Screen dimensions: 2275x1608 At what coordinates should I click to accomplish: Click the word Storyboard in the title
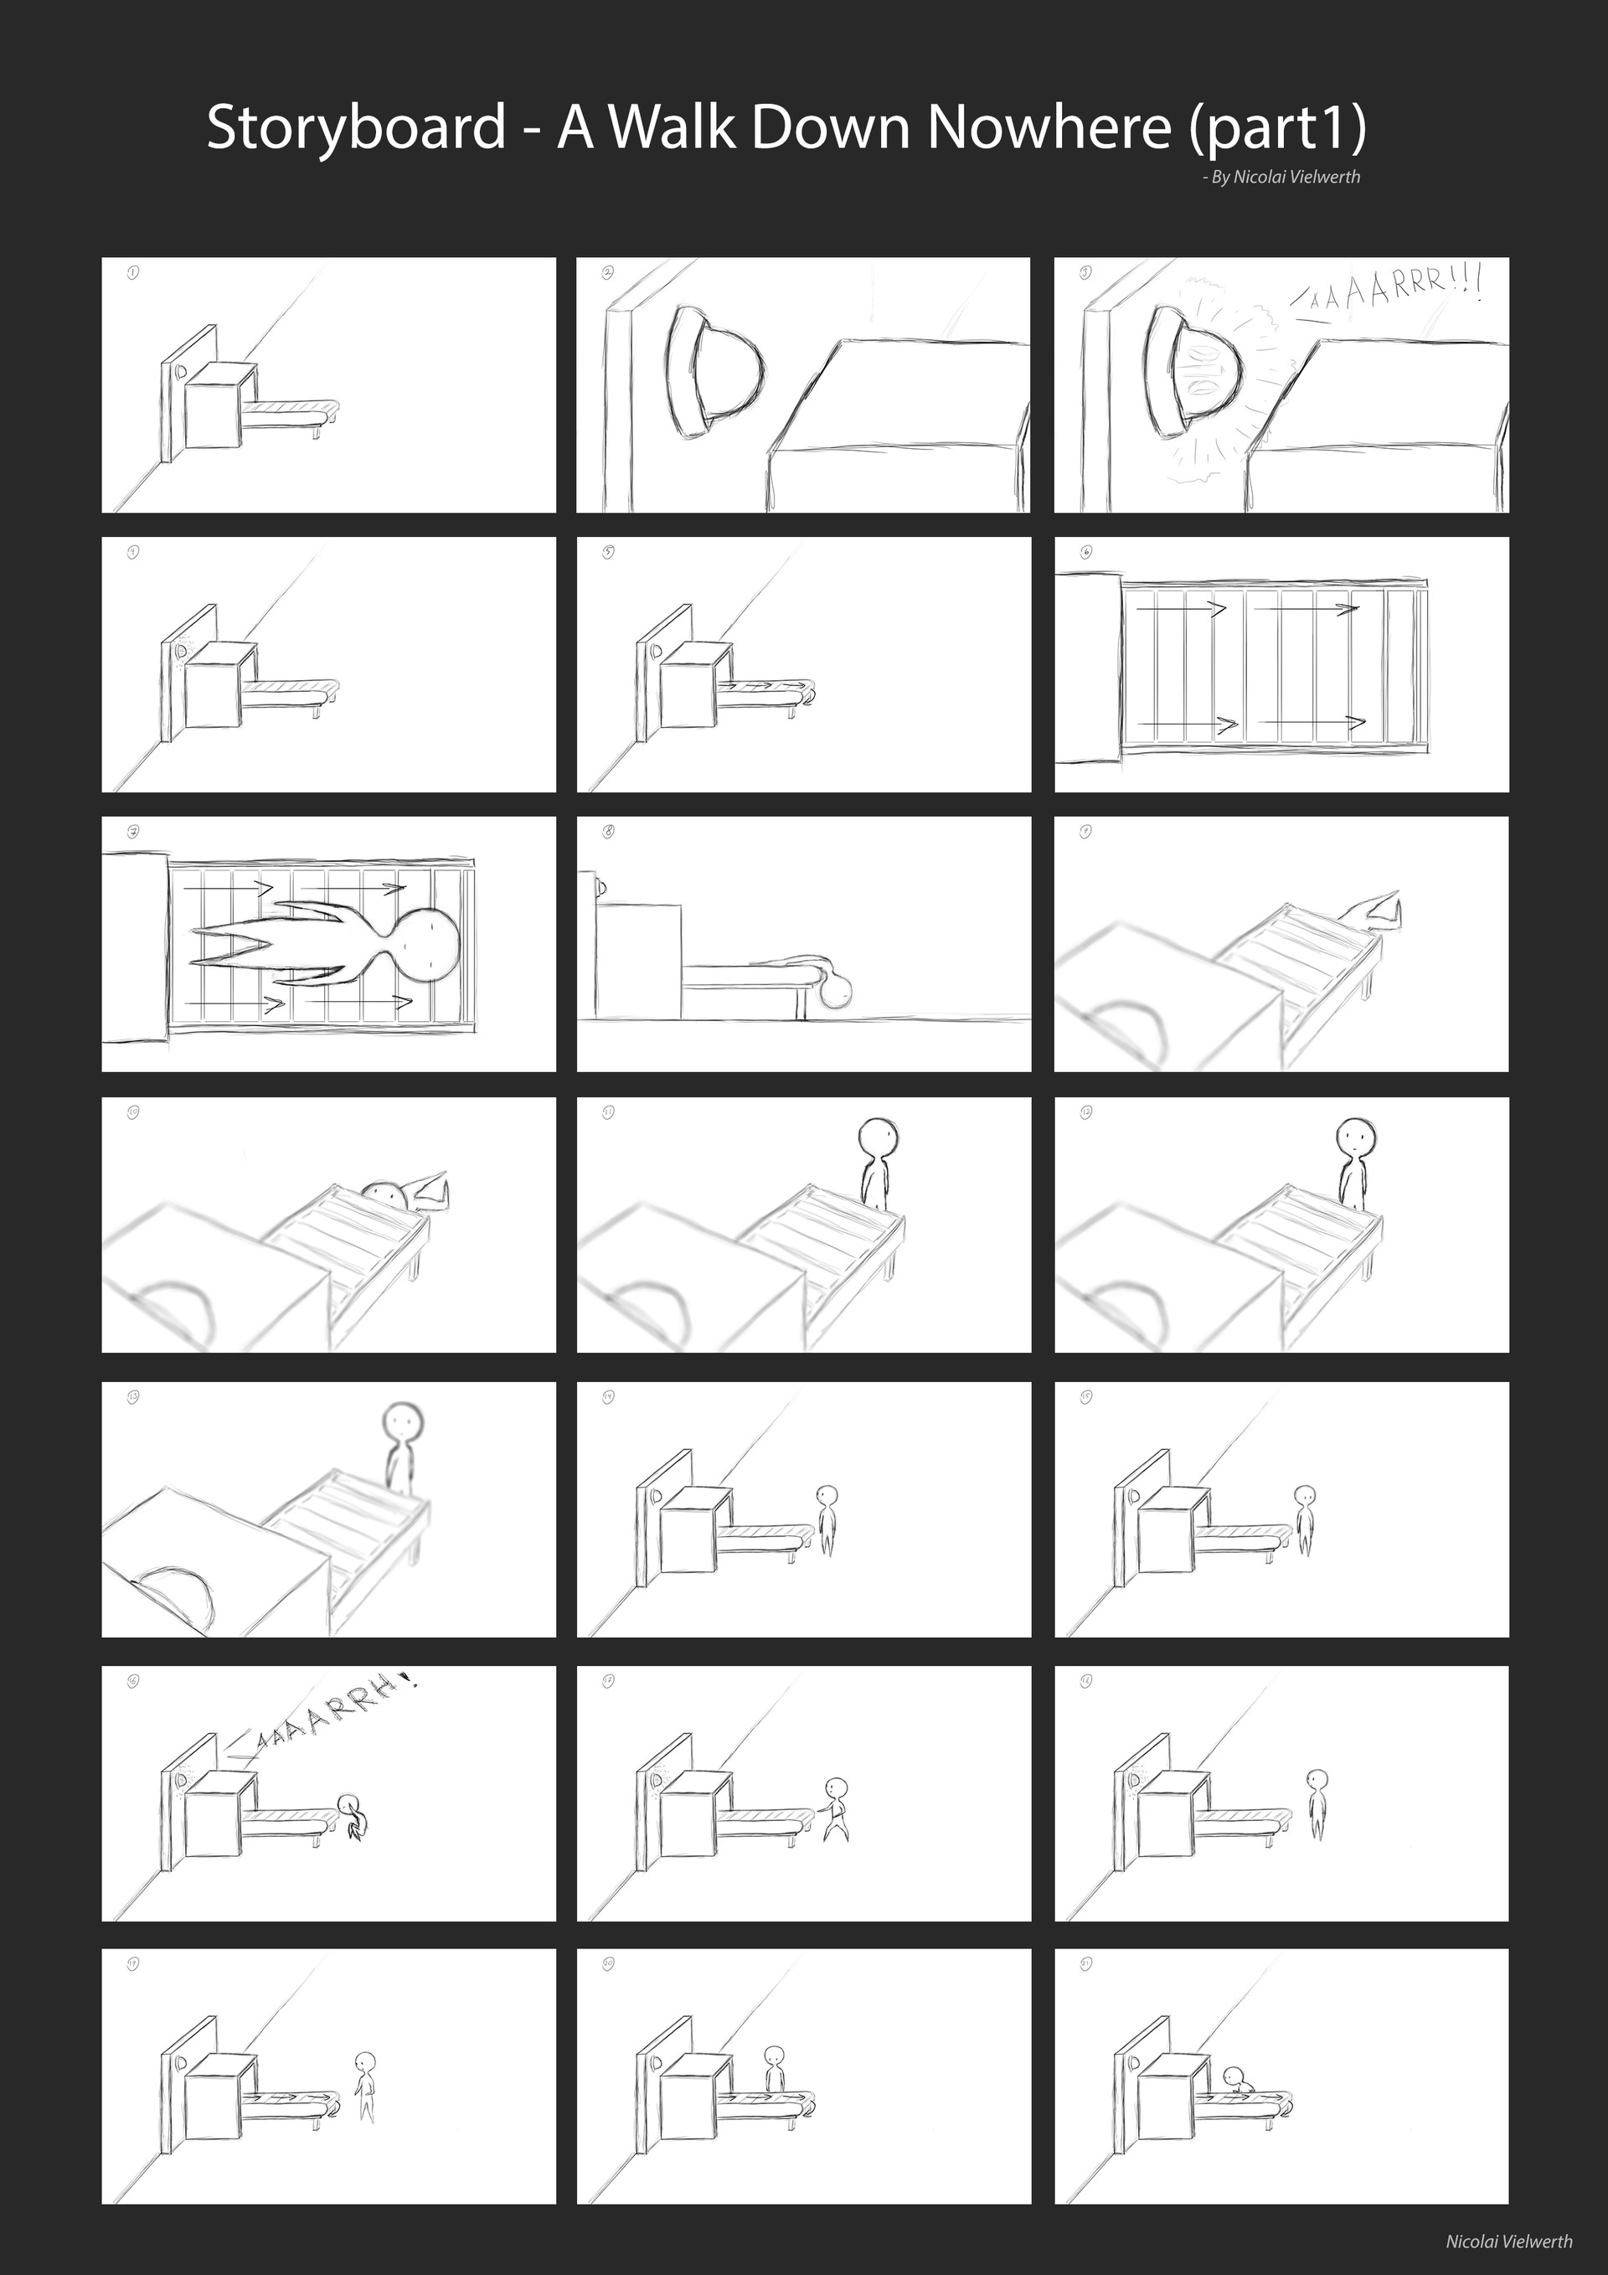click(x=356, y=129)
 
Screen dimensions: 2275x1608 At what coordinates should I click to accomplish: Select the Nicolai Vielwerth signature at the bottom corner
click(x=1508, y=2241)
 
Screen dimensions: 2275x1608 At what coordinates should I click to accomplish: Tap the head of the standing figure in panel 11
click(x=878, y=1136)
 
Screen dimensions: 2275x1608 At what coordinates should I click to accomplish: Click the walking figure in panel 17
click(x=836, y=1808)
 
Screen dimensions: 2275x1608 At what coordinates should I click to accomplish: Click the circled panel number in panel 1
click(x=133, y=271)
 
